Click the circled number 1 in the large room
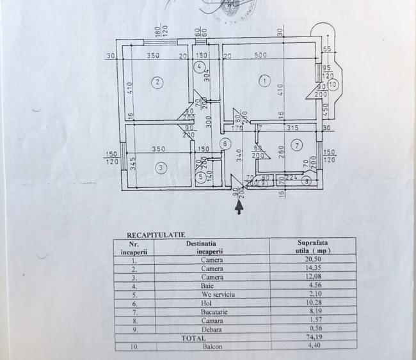(x=265, y=81)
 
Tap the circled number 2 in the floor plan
(x=156, y=81)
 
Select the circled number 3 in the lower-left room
(x=161, y=168)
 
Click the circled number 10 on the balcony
(x=333, y=84)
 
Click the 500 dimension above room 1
(x=260, y=55)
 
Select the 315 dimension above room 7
(x=292, y=128)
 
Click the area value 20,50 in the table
(x=312, y=260)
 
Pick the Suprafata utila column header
(x=312, y=247)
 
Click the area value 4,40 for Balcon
(x=312, y=346)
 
